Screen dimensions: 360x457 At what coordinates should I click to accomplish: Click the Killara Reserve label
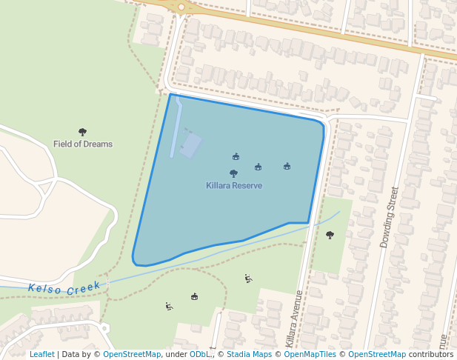tap(234, 185)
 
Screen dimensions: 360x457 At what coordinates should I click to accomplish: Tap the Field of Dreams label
tap(83, 144)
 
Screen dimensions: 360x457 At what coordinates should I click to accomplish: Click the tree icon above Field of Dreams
tap(82, 132)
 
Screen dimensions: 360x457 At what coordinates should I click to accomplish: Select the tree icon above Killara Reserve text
tap(234, 173)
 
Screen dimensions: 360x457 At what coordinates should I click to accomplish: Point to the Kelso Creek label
tap(64, 287)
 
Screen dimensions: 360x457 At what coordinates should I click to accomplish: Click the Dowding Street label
tap(390, 216)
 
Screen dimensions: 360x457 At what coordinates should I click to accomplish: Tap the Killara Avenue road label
tap(294, 319)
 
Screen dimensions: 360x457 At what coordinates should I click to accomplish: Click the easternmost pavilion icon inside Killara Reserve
tap(287, 166)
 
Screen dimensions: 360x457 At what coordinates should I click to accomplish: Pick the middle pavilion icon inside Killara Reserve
tap(258, 167)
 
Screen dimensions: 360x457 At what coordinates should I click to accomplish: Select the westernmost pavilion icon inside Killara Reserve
tap(236, 156)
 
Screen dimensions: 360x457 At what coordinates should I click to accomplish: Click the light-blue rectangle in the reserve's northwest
tap(191, 145)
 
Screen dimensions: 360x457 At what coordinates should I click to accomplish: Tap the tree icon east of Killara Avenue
tap(330, 235)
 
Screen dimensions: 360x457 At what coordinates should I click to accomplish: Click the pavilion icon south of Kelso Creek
tap(194, 296)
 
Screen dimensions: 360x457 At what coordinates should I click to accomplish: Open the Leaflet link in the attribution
tap(41, 355)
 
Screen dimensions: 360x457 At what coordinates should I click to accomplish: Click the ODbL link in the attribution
tap(199, 355)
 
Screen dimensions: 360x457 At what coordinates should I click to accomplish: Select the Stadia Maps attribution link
tap(249, 355)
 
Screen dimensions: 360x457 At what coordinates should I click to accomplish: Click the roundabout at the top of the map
tap(181, 7)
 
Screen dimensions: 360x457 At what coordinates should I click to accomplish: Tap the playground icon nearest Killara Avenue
tap(248, 279)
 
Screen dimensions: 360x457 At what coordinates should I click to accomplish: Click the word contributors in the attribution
tap(431, 355)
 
